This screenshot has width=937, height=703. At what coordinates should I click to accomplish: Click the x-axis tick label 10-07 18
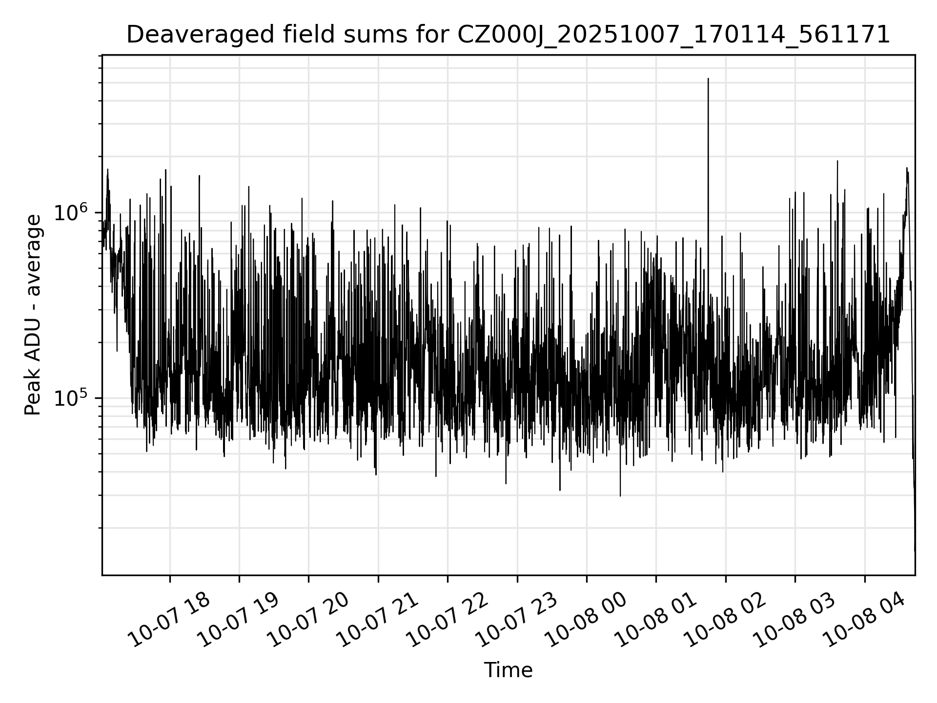click(x=169, y=620)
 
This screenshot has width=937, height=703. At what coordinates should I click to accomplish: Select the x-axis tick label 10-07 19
click(x=238, y=620)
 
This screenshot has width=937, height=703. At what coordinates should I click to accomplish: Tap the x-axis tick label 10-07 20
click(x=307, y=620)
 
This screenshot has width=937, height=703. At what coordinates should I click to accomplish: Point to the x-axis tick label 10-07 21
click(x=377, y=620)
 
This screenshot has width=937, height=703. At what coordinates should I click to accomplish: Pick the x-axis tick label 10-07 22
click(x=447, y=620)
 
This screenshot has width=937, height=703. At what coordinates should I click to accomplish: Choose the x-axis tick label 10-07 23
click(x=516, y=620)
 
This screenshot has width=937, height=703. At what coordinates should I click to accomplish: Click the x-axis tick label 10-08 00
click(x=586, y=620)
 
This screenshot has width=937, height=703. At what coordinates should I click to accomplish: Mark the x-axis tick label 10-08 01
click(x=655, y=620)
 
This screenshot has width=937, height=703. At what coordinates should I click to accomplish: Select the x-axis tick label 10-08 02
click(x=725, y=620)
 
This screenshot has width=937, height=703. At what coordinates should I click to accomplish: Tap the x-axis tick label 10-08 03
click(x=794, y=620)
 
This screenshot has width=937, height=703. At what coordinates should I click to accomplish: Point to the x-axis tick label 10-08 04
click(x=864, y=620)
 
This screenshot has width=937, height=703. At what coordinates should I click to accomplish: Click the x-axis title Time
click(x=508, y=670)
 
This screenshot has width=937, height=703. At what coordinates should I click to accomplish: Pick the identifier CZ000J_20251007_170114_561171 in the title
click(x=673, y=35)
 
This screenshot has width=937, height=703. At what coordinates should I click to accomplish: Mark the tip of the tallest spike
click(x=708, y=78)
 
